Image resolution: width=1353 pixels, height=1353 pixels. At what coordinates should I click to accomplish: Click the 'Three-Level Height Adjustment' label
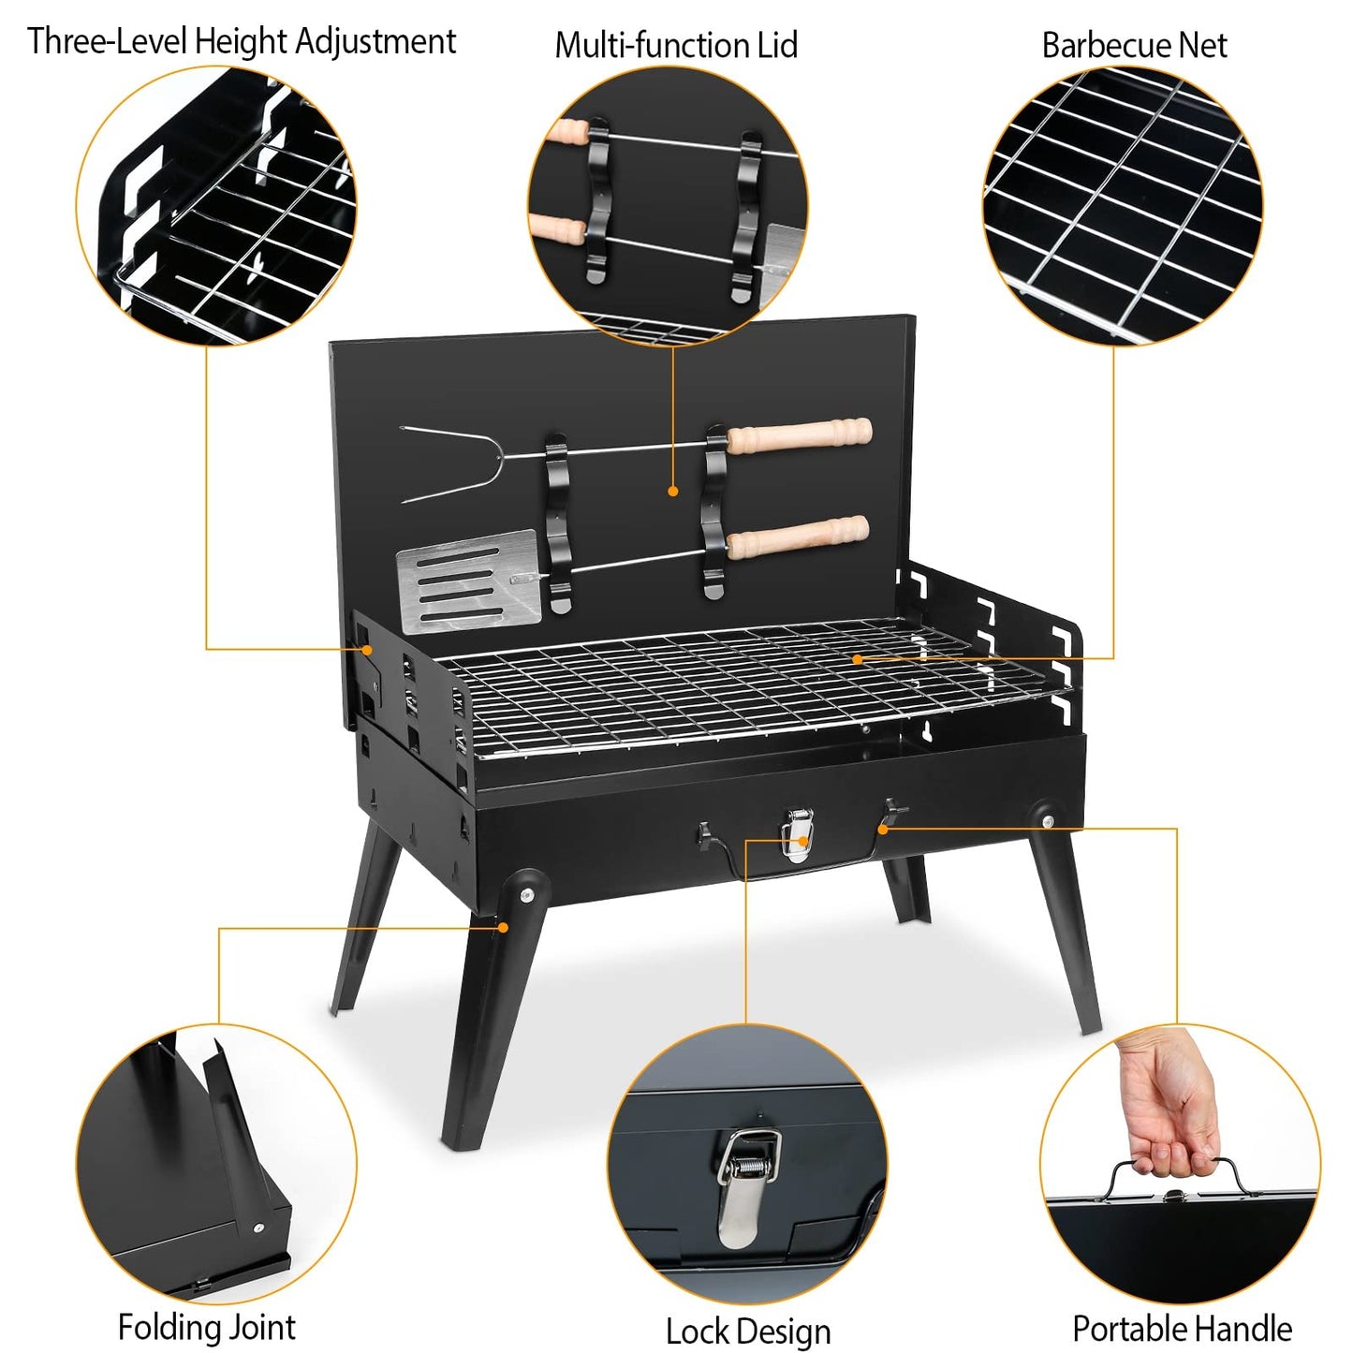pos(242,41)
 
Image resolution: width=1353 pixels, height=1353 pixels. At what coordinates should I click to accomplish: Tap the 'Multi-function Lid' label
pos(676,45)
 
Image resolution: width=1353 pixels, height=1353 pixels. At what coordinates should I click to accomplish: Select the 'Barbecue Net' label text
pos(1134,45)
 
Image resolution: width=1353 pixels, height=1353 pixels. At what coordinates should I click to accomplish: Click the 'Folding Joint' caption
pos(206,1327)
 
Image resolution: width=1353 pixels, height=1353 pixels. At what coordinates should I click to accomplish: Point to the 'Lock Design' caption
pos(747,1331)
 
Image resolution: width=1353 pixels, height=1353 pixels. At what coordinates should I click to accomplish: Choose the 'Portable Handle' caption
pos(1182,1328)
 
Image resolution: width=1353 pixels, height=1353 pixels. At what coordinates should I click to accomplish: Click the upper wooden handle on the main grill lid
pos(800,435)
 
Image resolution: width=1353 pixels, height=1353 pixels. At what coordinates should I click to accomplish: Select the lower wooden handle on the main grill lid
pos(798,536)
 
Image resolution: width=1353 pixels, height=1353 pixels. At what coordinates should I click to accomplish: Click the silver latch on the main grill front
pos(797,833)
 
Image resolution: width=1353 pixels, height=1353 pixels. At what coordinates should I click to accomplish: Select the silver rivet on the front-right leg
pos(1047,821)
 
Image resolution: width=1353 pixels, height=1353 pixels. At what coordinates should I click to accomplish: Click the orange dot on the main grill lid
pos(673,491)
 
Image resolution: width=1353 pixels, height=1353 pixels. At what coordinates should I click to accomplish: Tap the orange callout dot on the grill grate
pos(857,659)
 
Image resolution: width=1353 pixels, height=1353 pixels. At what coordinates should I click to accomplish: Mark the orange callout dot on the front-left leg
pos(503,927)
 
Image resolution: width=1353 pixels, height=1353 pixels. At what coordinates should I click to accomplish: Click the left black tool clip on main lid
pos(557,524)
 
